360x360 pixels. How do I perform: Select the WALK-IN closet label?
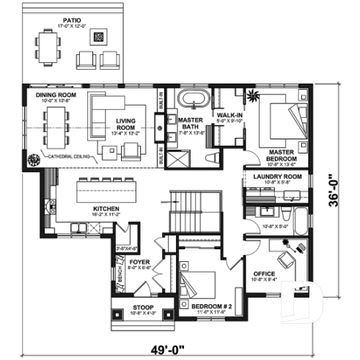point(229,115)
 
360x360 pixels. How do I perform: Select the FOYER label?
point(141,261)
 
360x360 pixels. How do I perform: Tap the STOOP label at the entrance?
point(143,308)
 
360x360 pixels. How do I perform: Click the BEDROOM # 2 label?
point(211,306)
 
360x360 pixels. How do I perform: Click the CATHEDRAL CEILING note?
point(70,157)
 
